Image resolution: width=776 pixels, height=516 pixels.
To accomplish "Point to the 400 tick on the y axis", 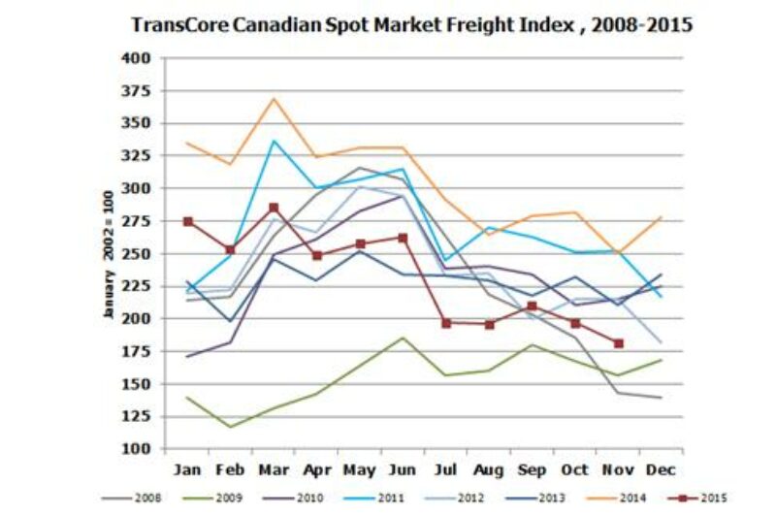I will (136, 58).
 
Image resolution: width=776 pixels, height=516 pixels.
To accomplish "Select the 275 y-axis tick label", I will (136, 221).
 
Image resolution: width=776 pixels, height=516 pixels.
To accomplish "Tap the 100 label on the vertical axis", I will (136, 449).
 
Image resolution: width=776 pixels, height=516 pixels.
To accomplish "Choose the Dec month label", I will (662, 469).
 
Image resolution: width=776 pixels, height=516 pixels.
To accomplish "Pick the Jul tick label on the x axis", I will (446, 469).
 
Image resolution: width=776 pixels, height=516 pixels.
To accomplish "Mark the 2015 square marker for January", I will (188, 221).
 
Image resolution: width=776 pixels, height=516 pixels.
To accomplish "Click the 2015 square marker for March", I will (275, 208).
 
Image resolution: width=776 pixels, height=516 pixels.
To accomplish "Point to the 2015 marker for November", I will (618, 343).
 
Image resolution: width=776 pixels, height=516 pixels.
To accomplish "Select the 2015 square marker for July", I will (446, 322).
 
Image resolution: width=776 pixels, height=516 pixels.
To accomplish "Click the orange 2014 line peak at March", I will (275, 98).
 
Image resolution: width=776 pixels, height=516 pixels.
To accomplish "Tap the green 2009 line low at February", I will (231, 427).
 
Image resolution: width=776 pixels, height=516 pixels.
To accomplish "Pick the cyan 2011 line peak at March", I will (275, 141).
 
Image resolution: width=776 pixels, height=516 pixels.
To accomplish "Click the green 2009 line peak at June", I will (403, 338).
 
